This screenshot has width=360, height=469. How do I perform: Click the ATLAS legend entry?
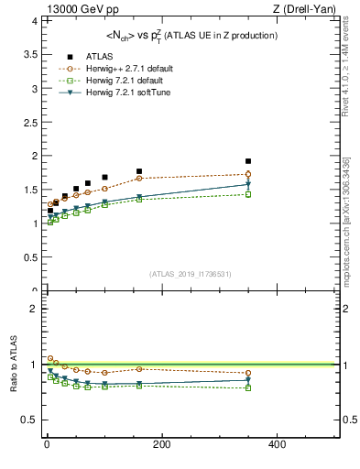click(x=76, y=56)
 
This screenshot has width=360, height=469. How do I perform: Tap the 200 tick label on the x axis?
click(x=162, y=445)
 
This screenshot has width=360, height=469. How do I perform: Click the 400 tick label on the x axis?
click(x=277, y=445)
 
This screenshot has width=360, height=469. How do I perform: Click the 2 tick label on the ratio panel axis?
click(x=31, y=309)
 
